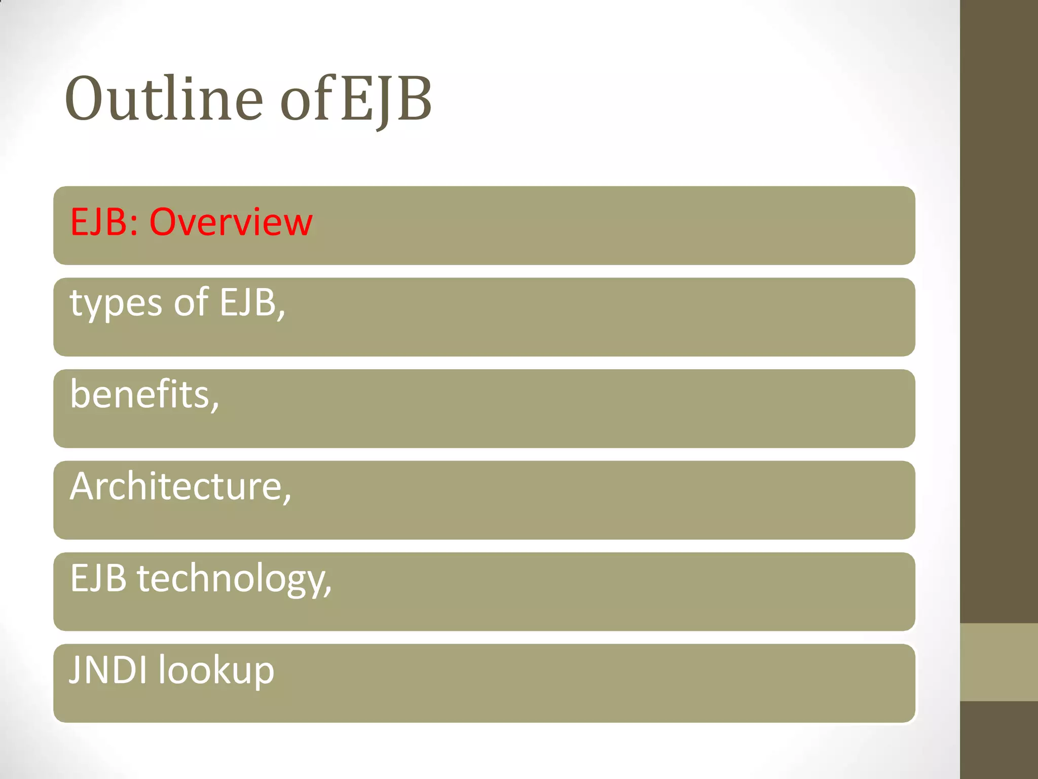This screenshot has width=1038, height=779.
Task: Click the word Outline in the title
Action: [x=163, y=99]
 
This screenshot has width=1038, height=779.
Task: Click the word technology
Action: [x=231, y=579]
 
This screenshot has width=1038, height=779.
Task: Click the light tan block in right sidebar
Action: [x=998, y=662]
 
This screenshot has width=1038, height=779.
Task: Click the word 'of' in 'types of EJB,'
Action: [x=191, y=303]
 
